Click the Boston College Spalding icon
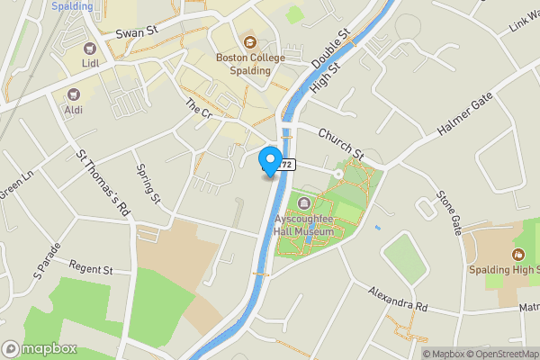[x=249, y=41]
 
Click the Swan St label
[x=136, y=31]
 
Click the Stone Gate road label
[x=450, y=212]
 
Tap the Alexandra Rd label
[x=397, y=300]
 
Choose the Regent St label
[x=89, y=269]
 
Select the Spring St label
[x=148, y=184]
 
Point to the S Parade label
[x=44, y=258]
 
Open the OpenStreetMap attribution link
[x=502, y=354]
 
